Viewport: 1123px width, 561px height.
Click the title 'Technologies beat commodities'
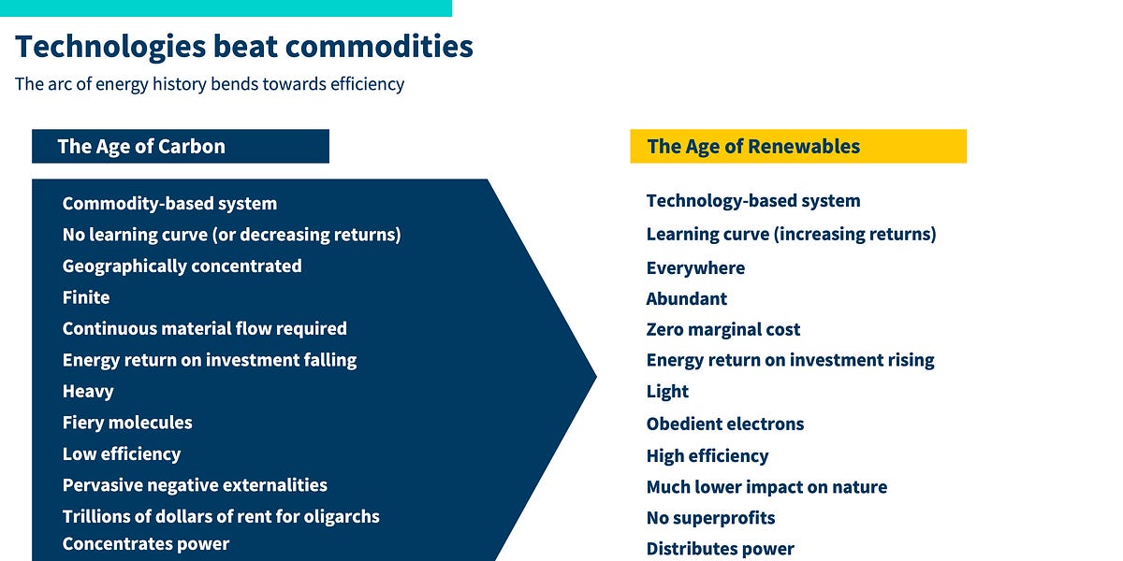[243, 46]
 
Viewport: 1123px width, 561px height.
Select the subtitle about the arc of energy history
[210, 84]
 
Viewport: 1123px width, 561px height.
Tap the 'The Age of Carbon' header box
[180, 147]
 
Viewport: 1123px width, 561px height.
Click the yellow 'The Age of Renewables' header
[797, 147]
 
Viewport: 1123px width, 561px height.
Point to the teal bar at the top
[226, 7]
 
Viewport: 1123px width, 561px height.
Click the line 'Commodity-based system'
[169, 204]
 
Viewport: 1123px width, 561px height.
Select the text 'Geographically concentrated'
[182, 266]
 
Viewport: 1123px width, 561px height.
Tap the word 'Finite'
[86, 297]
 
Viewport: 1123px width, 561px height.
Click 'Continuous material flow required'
[204, 329]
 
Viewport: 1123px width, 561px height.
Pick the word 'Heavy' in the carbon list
[88, 392]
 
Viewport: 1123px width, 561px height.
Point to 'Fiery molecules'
[127, 423]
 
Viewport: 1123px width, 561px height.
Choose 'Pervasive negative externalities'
[195, 485]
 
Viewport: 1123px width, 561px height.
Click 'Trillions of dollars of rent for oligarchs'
[221, 516]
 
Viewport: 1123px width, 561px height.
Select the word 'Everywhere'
[695, 268]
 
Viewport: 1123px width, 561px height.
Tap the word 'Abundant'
[686, 299]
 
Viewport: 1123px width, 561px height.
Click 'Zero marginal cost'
[722, 330]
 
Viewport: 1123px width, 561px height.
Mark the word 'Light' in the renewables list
[667, 392]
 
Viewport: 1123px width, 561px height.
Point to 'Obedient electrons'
[724, 424]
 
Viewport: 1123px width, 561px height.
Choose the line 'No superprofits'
[710, 518]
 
